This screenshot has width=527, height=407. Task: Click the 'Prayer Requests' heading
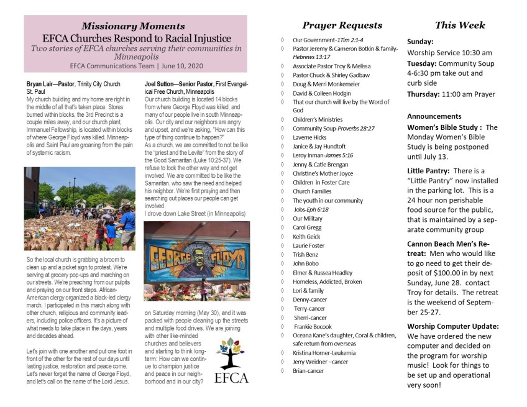[342, 25]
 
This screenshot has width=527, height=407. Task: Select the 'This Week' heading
[460, 25]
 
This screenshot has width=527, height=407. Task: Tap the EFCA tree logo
[231, 360]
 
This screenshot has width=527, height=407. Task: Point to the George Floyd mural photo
[196, 261]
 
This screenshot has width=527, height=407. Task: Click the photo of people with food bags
[79, 208]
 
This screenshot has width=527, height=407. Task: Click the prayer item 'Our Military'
[308, 219]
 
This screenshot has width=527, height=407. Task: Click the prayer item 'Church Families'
[312, 191]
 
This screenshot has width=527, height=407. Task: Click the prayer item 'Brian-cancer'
[308, 371]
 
